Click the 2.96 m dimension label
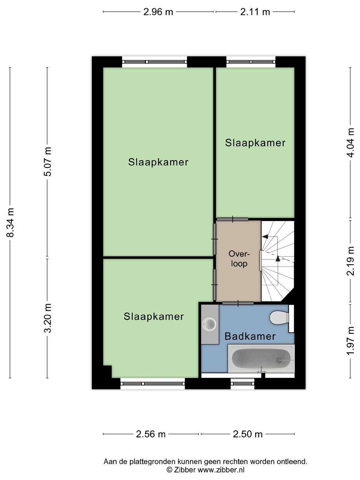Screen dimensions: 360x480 158,12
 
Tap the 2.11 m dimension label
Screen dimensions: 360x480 255,12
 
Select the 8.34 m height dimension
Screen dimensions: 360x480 10,222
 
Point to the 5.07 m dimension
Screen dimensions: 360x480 48,162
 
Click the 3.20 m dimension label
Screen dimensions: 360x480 48,318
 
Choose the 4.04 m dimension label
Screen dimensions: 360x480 351,143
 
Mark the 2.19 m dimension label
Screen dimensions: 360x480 351,261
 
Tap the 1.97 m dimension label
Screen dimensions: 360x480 351,341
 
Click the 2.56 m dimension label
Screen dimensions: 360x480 151,434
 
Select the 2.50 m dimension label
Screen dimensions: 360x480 248,434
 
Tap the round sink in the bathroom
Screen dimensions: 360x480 209,324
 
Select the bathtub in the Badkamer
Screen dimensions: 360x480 261,359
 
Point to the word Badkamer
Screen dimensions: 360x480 250,336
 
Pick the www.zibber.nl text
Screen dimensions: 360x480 221,470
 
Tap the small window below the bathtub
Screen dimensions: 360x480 243,383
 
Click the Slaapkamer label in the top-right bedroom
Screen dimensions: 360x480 255,143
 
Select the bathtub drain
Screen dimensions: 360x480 279,360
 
